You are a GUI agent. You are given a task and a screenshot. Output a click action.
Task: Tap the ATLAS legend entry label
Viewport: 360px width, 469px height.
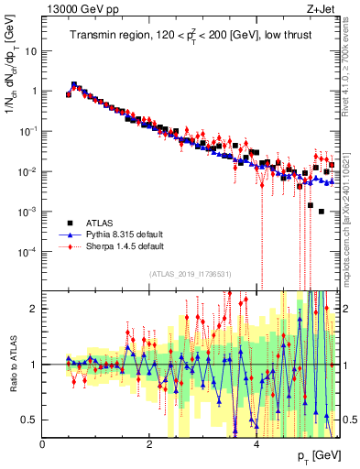(101, 223)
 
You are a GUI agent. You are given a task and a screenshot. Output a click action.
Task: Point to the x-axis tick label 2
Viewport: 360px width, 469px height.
(149, 444)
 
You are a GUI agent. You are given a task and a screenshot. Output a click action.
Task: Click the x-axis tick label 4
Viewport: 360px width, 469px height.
(256, 444)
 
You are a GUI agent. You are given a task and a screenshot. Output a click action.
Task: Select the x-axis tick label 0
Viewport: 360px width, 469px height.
(43, 444)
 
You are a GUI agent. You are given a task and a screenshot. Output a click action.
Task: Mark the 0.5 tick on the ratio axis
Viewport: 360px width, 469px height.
(32, 420)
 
